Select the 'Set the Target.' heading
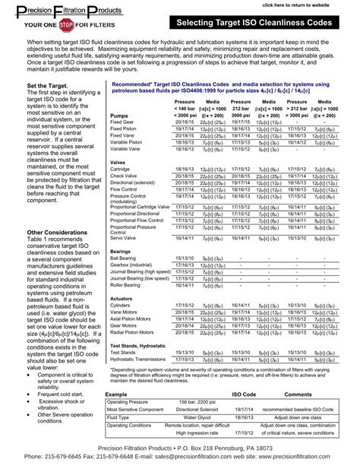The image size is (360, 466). pos(47,86)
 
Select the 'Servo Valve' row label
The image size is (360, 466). pos(125,238)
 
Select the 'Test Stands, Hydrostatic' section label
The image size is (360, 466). pos(138,344)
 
